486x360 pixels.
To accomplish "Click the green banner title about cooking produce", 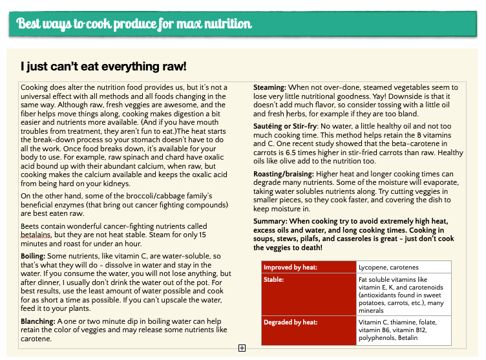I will coord(134,25).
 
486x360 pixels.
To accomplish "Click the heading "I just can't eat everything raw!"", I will coord(103,67).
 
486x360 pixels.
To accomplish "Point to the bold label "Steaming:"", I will coord(269,87).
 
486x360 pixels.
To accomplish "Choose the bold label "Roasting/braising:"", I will coord(283,174).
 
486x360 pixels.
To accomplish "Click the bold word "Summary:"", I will coord(270,221).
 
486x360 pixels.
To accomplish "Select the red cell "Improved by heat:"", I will coord(290,266).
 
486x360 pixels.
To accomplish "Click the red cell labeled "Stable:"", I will coord(274,279).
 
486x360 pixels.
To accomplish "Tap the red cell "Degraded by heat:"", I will coord(291,322).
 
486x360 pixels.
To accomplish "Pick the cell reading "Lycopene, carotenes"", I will coord(388,266).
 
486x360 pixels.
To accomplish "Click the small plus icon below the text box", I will coord(242,348).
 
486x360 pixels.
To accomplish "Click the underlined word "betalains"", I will coord(37,235).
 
